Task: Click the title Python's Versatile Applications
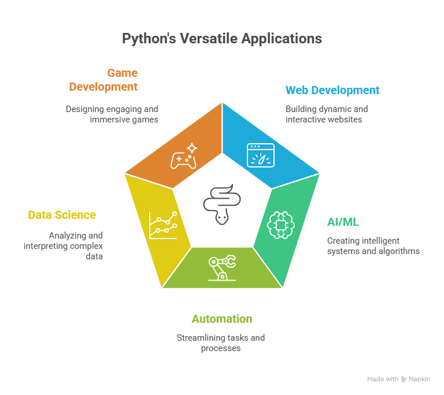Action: pyautogui.click(x=222, y=39)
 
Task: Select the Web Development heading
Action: pyautogui.click(x=332, y=90)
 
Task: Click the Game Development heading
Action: pyautogui.click(x=104, y=80)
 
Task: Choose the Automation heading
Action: pyautogui.click(x=221, y=319)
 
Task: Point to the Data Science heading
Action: pyautogui.click(x=62, y=215)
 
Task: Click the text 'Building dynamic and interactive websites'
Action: pyautogui.click(x=326, y=114)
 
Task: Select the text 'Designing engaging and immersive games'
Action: pyautogui.click(x=112, y=114)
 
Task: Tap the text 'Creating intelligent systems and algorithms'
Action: pyautogui.click(x=373, y=246)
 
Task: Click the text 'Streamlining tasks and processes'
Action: pyautogui.click(x=221, y=342)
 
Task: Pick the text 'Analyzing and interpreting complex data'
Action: pyautogui.click(x=64, y=245)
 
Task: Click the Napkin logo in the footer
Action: pyautogui.click(x=416, y=379)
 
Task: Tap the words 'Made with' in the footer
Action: pyautogui.click(x=382, y=379)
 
